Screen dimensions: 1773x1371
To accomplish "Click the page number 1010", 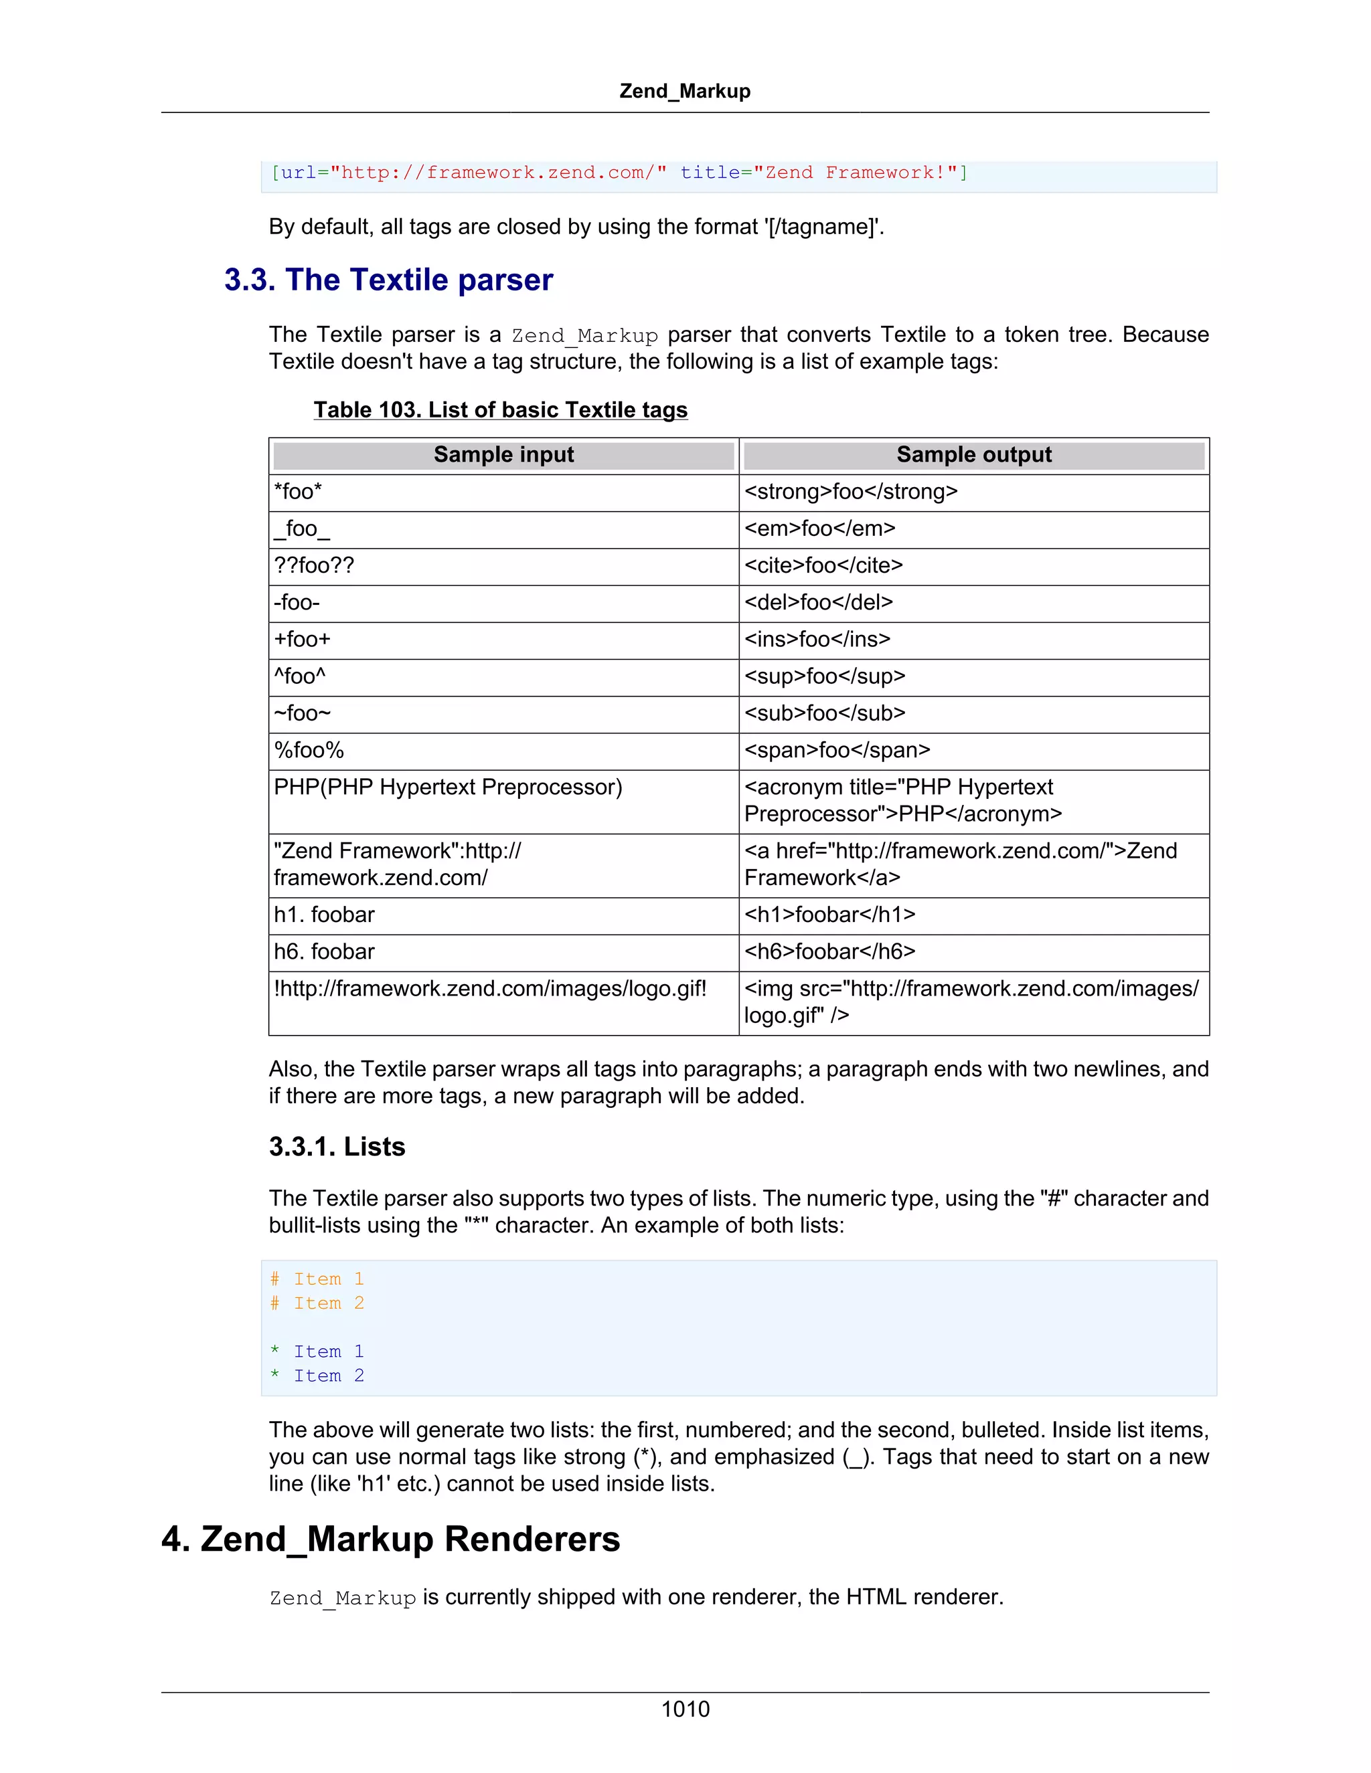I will pos(685,1709).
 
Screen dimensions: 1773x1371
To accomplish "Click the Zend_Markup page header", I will pos(685,91).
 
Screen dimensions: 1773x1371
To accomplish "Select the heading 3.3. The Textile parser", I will pos(388,280).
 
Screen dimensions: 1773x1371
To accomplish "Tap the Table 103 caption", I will pos(500,410).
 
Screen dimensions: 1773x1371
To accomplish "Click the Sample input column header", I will pos(503,454).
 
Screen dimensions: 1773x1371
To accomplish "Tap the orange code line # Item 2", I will pos(317,1303).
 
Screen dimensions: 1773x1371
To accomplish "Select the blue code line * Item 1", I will pos(317,1351).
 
